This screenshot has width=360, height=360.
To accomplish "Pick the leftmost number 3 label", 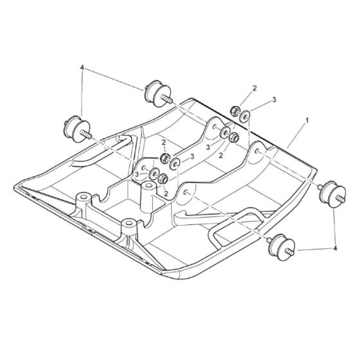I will point(137,174).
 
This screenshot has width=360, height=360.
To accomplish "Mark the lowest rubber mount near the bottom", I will point(281,245).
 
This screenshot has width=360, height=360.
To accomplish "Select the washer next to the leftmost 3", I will point(151,174).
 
